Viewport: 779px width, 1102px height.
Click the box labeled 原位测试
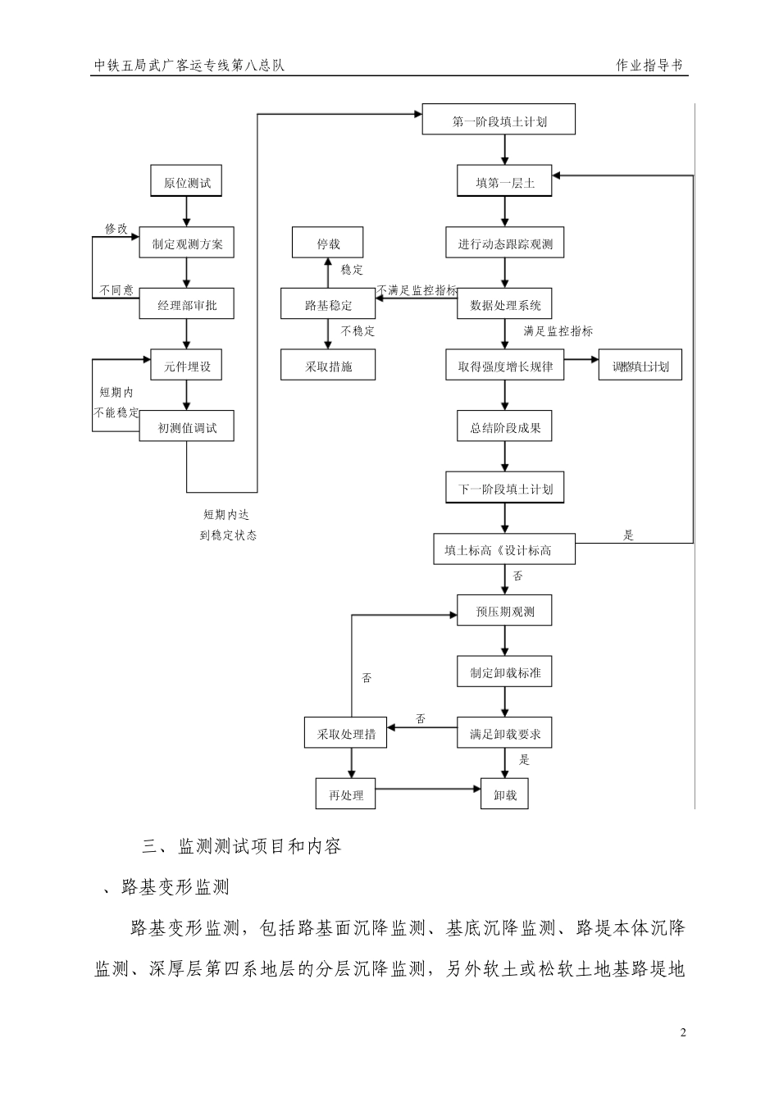[186, 182]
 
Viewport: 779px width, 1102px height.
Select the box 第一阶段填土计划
[499, 121]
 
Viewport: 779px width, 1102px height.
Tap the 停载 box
[327, 244]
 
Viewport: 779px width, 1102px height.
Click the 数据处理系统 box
[504, 305]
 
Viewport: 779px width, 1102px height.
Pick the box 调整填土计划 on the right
[640, 366]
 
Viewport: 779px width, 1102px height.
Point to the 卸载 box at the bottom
[504, 795]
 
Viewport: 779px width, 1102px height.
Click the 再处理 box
[345, 795]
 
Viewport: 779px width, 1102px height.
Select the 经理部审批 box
[186, 305]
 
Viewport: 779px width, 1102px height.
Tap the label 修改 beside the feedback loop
[116, 228]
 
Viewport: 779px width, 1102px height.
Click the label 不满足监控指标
[417, 290]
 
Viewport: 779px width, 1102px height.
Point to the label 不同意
[116, 290]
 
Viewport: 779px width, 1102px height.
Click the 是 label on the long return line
[629, 535]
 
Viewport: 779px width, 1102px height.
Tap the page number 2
[683, 1032]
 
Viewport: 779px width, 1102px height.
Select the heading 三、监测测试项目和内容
[242, 846]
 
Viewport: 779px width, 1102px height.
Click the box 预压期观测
[504, 612]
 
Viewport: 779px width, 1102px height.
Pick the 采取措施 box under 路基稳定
[327, 366]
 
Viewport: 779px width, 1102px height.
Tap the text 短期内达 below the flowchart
[226, 515]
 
